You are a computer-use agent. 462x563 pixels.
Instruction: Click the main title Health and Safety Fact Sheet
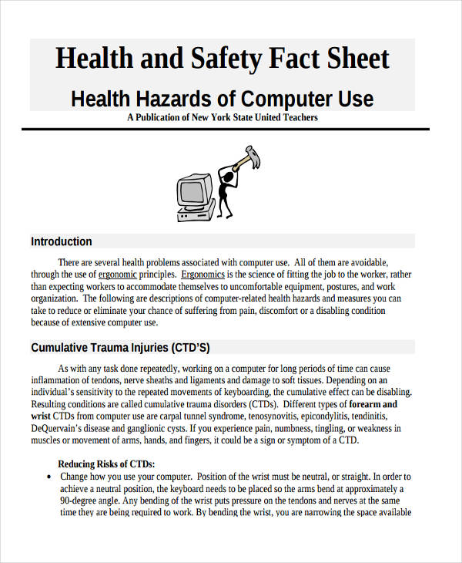223,59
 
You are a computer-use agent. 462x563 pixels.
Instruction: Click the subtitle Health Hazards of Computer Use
222,99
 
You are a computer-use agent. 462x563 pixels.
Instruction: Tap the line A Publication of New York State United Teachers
222,118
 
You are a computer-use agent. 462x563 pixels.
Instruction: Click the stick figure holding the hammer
227,189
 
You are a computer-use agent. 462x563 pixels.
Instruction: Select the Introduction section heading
62,241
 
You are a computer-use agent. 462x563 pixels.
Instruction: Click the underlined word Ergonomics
203,274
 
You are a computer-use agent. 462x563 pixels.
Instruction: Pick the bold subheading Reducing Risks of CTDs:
106,464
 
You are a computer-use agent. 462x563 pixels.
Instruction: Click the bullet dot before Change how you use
49,477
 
